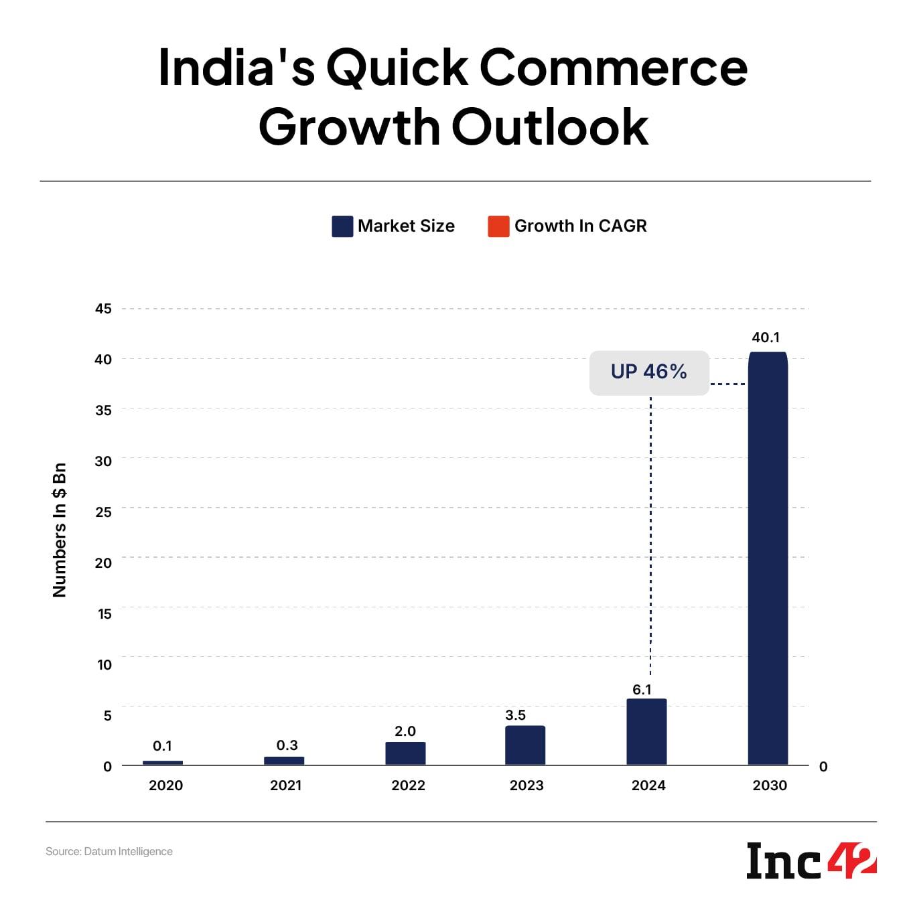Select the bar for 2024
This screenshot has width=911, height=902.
(x=646, y=731)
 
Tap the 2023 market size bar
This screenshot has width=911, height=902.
(x=525, y=745)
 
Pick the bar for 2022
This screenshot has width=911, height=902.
(x=405, y=753)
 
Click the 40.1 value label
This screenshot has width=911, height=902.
(x=766, y=337)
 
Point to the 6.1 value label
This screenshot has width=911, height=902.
(x=642, y=689)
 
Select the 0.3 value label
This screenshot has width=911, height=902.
(x=287, y=745)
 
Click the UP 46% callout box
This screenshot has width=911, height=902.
(x=648, y=372)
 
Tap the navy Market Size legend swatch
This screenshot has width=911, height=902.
(x=342, y=226)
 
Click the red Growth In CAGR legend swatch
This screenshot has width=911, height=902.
(x=498, y=226)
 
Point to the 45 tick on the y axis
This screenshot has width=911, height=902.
(x=103, y=309)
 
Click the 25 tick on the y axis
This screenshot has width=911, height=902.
(x=103, y=511)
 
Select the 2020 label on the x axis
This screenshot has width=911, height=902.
(x=165, y=785)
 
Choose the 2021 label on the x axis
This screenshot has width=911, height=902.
(x=285, y=785)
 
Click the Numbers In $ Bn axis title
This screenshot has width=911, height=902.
(x=60, y=530)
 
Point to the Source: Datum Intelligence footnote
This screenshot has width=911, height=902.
(x=109, y=851)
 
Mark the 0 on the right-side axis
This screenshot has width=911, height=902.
(x=823, y=767)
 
